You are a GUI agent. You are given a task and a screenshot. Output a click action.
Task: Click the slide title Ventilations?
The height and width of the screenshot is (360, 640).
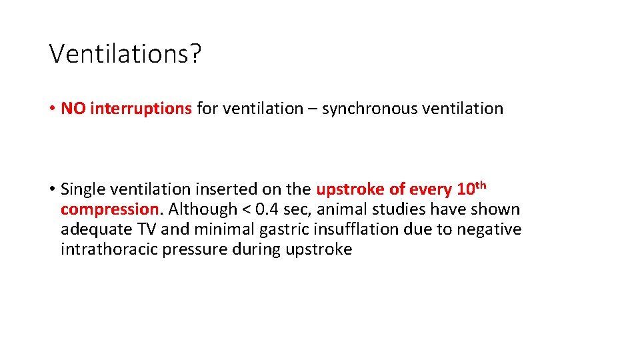tap(125, 53)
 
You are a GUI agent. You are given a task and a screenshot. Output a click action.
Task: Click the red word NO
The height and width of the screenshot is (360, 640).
tap(73, 109)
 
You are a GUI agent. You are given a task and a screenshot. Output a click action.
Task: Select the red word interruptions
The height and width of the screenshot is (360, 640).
tap(141, 109)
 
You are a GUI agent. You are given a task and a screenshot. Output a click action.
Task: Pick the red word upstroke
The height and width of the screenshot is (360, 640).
tap(350, 189)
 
